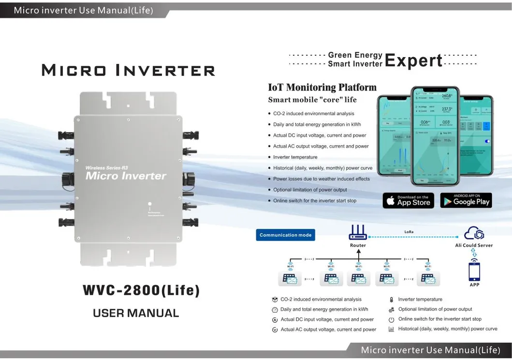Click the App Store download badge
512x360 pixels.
coord(408,200)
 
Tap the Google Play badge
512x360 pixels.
coord(466,200)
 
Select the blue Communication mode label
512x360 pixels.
coord(285,235)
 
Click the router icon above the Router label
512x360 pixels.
coord(358,233)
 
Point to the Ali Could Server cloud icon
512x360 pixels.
coord(474,234)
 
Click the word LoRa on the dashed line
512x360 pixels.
coord(409,232)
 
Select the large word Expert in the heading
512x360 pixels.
coord(413,60)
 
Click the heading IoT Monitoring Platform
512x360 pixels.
coord(322,88)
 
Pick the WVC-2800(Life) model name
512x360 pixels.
coord(141,290)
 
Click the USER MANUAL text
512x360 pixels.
coord(136,313)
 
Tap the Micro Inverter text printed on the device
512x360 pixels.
coord(126,176)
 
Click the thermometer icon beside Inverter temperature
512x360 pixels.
coord(391,300)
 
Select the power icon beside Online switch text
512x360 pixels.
coord(391,319)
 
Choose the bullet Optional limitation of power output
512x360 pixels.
coord(310,190)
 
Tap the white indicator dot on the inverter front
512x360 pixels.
coord(150,205)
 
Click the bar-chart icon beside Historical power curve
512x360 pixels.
coord(391,329)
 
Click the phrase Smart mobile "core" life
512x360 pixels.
coord(312,100)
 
